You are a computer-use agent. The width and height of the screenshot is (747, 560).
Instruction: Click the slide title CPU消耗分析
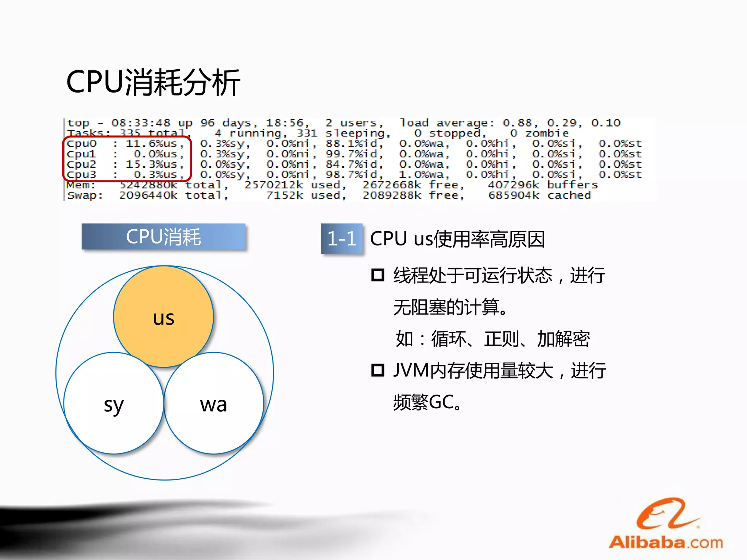coord(153,83)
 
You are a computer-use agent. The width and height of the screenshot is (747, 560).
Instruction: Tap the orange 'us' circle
coord(163,316)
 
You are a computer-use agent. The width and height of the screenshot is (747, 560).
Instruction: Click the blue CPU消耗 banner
coord(163,237)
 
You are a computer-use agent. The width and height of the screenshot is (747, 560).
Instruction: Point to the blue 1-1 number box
coord(342,238)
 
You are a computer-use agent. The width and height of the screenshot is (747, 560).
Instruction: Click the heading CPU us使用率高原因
coord(457,239)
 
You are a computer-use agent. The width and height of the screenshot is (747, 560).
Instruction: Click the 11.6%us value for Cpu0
coord(155,144)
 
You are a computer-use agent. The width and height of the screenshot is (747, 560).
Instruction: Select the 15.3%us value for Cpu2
coord(155,164)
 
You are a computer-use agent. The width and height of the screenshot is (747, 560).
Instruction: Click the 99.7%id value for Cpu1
coord(354,154)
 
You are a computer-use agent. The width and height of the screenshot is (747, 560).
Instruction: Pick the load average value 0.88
coord(517,123)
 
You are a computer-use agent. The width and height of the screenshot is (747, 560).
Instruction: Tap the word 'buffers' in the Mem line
coord(572,185)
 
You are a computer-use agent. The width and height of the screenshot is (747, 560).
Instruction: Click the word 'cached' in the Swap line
coord(569,195)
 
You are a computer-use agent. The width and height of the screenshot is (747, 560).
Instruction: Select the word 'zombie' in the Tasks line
coord(547,133)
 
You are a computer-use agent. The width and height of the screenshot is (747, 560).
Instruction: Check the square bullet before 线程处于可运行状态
coord(378,275)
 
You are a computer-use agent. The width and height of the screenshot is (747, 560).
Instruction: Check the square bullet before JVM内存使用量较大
coord(378,370)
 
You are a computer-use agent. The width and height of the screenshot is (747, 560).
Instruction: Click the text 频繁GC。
coord(427,402)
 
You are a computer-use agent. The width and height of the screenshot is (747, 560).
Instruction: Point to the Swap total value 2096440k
coord(148,195)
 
